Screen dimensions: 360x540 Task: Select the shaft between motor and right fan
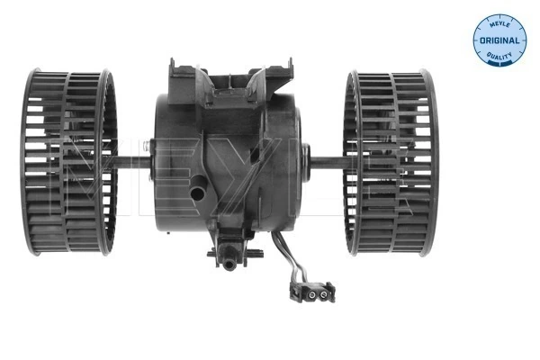[328, 163]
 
